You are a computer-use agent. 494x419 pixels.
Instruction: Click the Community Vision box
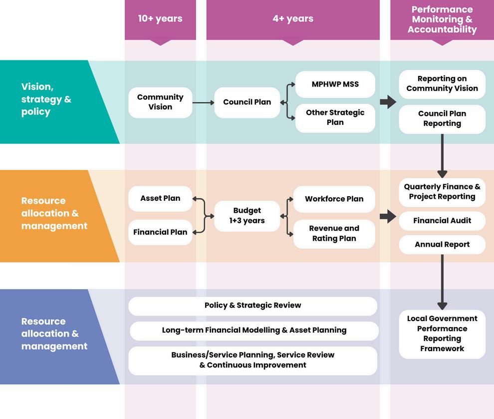(x=160, y=102)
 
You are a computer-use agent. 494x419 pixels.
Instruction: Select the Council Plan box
(x=247, y=102)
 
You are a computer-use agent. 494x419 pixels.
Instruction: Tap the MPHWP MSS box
(x=335, y=84)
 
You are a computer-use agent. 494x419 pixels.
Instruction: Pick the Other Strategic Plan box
(x=335, y=117)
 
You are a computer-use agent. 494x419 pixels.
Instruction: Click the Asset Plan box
(x=160, y=199)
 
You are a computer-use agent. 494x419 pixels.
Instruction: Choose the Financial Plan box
(x=160, y=232)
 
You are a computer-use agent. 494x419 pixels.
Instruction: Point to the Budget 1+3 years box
(x=247, y=216)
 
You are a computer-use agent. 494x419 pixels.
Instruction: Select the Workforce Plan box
(x=334, y=199)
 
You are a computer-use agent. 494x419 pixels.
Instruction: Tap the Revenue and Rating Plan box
(x=334, y=234)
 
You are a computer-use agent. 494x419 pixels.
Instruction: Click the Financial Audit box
(x=442, y=221)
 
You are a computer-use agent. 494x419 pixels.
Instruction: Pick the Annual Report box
(x=442, y=245)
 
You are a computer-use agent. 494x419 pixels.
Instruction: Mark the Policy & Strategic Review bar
(x=252, y=306)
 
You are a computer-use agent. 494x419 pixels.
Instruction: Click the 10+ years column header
(x=160, y=20)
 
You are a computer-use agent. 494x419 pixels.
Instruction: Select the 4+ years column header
(x=293, y=20)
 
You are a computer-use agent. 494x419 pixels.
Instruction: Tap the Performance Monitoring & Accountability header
(x=442, y=20)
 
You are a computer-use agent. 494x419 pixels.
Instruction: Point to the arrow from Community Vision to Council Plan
(x=203, y=103)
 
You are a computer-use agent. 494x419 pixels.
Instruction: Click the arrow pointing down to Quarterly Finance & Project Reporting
(x=442, y=156)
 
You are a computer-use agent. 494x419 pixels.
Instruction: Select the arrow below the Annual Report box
(x=442, y=282)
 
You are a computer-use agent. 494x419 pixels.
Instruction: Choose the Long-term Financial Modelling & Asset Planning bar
(x=254, y=331)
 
